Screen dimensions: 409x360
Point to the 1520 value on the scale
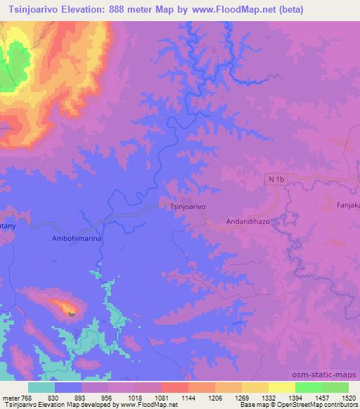click(x=338, y=398)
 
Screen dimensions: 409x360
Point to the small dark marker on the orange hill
click(x=72, y=314)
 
